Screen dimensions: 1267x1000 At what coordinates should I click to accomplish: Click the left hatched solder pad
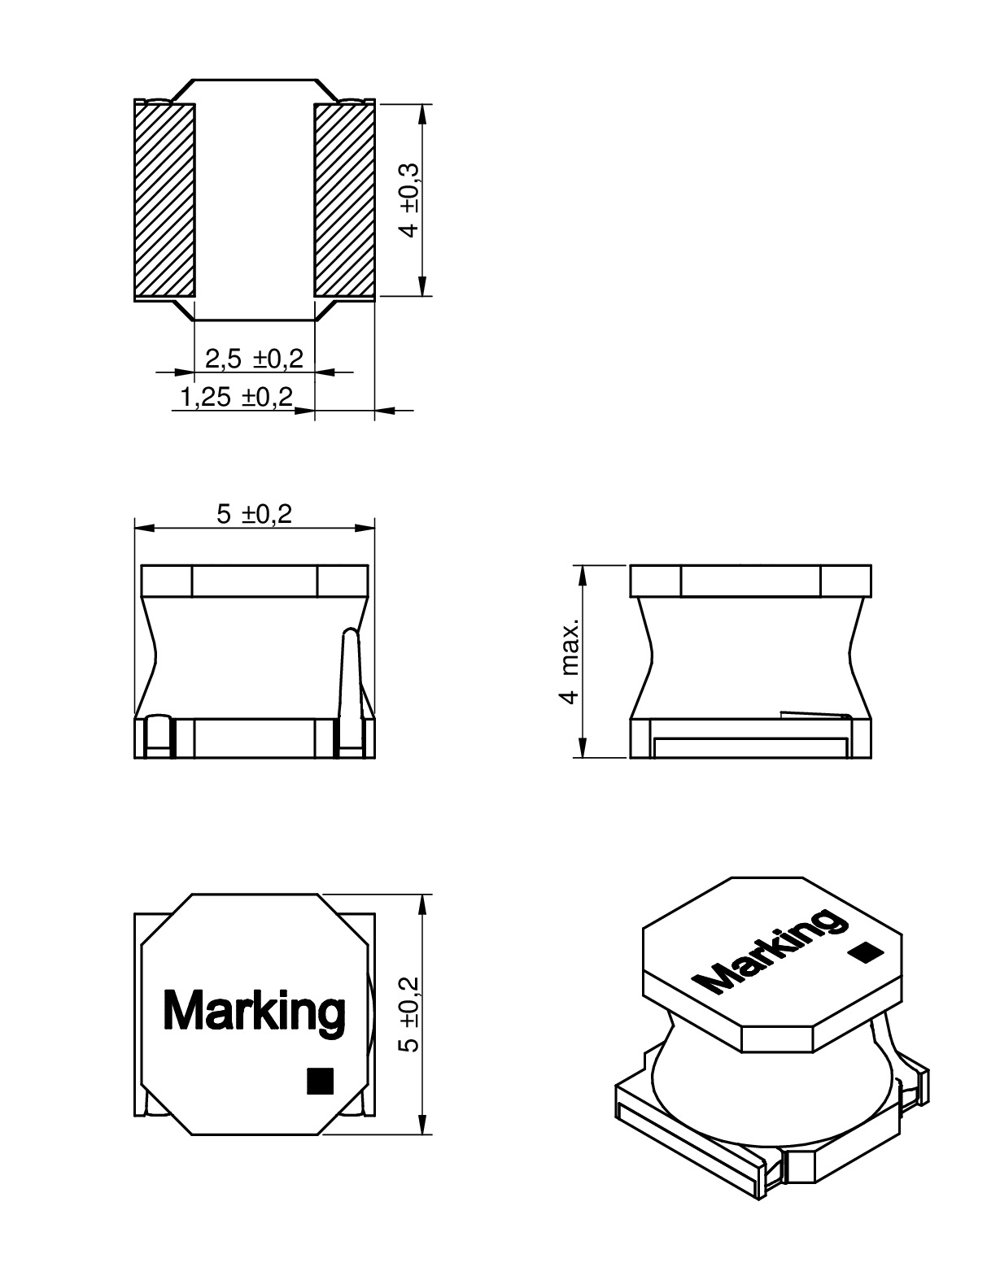(x=164, y=200)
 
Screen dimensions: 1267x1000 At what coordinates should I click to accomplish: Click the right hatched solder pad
(x=344, y=200)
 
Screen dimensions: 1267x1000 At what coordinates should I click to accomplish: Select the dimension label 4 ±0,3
(x=411, y=200)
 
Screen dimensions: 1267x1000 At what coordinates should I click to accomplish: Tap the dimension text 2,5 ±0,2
(x=254, y=358)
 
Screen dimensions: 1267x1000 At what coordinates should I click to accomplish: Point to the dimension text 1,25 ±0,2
(x=236, y=398)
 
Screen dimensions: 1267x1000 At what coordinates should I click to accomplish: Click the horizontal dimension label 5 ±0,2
(x=254, y=514)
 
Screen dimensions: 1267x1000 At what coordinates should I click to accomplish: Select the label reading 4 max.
(x=570, y=660)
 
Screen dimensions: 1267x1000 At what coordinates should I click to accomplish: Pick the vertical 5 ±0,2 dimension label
(x=411, y=1013)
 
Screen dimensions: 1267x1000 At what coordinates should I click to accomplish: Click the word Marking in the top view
(x=254, y=1011)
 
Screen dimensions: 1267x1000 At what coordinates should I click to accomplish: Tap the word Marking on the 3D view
(x=770, y=951)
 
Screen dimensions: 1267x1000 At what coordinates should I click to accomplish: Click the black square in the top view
(x=320, y=1081)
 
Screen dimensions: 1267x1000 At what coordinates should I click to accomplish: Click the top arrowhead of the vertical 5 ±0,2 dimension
(x=422, y=904)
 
